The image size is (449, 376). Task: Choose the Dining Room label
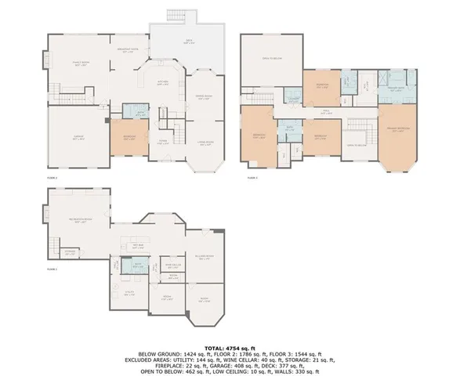coord(205,97)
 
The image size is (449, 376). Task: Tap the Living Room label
coord(205,143)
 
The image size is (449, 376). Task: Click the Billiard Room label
coord(204,258)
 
